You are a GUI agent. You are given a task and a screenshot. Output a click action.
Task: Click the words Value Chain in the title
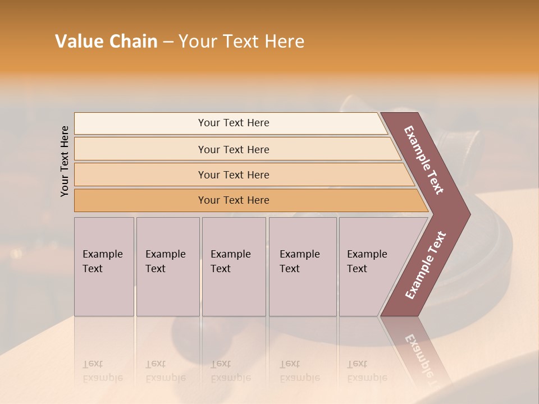[106, 42]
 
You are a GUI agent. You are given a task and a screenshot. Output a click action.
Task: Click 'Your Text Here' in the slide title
[241, 42]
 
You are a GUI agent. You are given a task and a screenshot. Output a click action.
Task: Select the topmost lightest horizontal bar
[233, 123]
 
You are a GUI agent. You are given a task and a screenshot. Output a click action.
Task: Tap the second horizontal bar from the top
[233, 149]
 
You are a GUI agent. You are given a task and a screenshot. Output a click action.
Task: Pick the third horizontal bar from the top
[233, 175]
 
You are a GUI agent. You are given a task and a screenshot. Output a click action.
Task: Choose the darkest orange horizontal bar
[233, 200]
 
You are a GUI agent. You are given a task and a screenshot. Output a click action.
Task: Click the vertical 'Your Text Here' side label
[65, 161]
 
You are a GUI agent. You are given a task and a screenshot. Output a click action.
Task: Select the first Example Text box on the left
[104, 267]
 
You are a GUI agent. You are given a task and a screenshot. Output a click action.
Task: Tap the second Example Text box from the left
[168, 267]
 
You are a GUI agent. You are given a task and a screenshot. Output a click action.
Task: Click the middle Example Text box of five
[234, 267]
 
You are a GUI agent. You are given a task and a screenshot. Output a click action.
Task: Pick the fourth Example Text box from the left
[303, 267]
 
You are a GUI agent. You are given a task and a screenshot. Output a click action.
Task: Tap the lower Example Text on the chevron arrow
[426, 265]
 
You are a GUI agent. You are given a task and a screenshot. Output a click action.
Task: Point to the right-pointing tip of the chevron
[469, 214]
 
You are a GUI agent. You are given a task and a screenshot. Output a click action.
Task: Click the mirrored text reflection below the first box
[102, 371]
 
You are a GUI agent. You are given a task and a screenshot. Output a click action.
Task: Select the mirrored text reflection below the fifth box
[367, 371]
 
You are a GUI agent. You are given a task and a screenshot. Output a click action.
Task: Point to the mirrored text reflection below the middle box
[230, 371]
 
